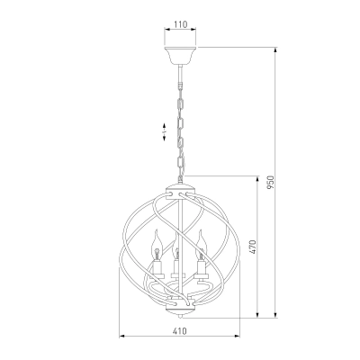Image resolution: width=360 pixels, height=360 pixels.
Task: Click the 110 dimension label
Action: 180,24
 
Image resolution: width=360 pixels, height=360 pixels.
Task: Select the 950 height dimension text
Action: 271,183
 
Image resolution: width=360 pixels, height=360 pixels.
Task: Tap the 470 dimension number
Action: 253,247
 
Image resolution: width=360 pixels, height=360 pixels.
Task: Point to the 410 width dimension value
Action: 179,331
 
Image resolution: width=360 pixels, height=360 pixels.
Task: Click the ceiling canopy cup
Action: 180,56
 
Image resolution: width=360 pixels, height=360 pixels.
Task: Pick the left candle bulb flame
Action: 156,246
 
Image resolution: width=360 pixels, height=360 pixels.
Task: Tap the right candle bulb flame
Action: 201,245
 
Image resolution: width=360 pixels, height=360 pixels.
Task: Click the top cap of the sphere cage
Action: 180,191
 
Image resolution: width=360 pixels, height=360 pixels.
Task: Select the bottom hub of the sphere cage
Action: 180,306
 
